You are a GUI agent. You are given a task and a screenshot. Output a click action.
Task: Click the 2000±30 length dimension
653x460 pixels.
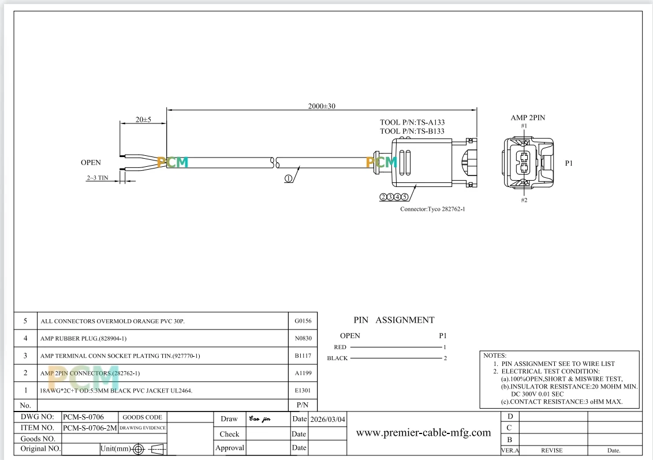[x=322, y=106]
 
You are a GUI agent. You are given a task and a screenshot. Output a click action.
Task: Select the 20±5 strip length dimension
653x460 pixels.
[x=143, y=119]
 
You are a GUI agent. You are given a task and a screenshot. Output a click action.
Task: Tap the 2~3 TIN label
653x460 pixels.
[x=98, y=178]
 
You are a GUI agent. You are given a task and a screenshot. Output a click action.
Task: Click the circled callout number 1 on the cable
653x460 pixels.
[x=288, y=178]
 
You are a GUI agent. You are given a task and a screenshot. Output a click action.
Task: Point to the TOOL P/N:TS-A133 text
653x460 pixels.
[x=412, y=122]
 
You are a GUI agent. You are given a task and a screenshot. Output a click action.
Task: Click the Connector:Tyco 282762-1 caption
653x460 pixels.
[x=432, y=209]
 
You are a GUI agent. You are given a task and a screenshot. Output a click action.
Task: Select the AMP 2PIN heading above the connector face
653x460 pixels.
[x=528, y=118]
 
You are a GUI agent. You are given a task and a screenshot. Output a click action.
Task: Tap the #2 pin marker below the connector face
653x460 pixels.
[x=524, y=200]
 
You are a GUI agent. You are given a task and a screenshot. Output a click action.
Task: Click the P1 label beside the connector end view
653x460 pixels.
[x=569, y=163]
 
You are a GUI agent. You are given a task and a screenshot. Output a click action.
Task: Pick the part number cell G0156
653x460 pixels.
[x=303, y=321]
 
